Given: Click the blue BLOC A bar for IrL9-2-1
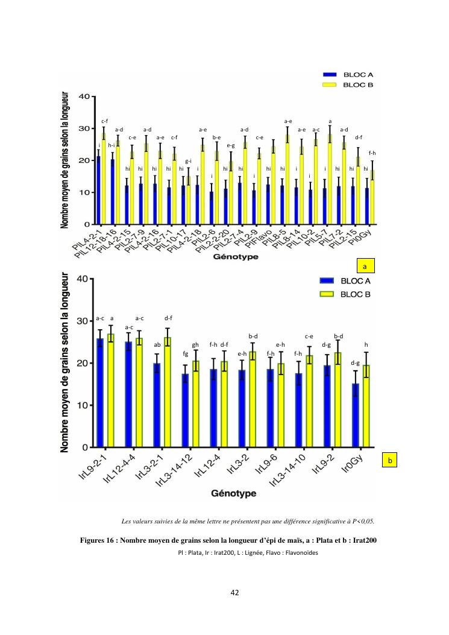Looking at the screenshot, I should pyautogui.click(x=100, y=393).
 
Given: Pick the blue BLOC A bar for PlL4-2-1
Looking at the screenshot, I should pyautogui.click(x=98, y=190).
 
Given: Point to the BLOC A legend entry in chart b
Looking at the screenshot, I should pyautogui.click(x=344, y=281).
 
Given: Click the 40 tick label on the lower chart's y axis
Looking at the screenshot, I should pyautogui.click(x=82, y=279).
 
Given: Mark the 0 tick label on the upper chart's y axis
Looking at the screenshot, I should pyautogui.click(x=88, y=224).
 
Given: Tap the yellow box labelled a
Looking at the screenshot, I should pyautogui.click(x=365, y=265).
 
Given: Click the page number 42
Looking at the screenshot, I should pyautogui.click(x=235, y=593).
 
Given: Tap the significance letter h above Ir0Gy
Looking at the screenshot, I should pyautogui.click(x=366, y=344).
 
